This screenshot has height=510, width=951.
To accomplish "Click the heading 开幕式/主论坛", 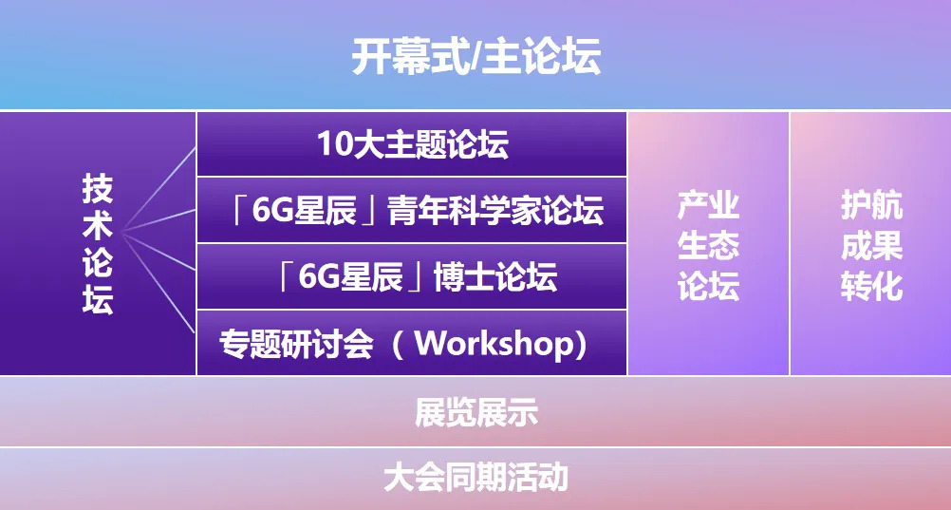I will pyautogui.click(x=475, y=57).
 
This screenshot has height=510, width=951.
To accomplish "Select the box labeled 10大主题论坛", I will pyautogui.click(x=412, y=144).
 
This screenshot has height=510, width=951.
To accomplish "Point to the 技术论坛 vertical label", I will pyautogui.click(x=97, y=245).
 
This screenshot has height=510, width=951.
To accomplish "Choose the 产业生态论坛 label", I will pyautogui.click(x=708, y=245).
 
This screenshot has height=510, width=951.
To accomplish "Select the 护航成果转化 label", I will pyautogui.click(x=870, y=245).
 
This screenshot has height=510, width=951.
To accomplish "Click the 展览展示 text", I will pyautogui.click(x=475, y=413).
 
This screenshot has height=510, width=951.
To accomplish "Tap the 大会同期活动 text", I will pyautogui.click(x=475, y=476).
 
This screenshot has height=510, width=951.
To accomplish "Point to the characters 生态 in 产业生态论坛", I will pyautogui.click(x=708, y=246).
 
